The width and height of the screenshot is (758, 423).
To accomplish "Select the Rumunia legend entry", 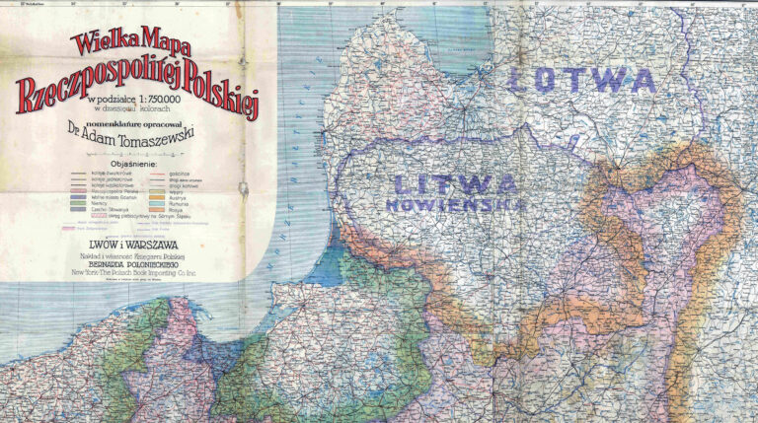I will tap(180, 202).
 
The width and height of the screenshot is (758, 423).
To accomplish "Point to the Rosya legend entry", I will tap(178, 209).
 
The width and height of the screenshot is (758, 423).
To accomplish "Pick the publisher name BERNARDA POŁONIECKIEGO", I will tap(136, 261).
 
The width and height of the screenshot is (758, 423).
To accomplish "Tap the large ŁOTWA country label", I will tap(580, 80).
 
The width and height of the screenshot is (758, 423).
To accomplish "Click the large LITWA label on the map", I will tap(454, 183).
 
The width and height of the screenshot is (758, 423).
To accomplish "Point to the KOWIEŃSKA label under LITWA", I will tap(454, 205).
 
